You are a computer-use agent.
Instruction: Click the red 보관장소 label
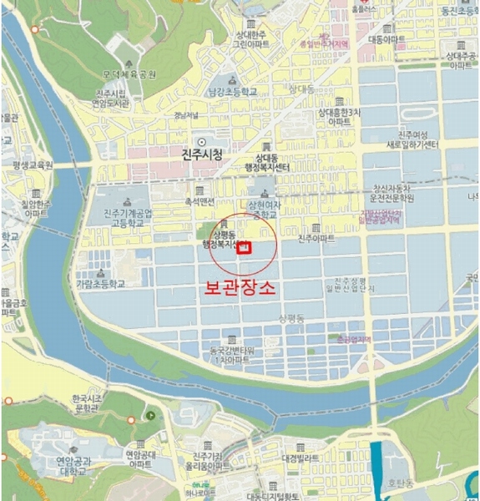click(241, 288)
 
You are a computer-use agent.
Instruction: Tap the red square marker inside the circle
click(244, 247)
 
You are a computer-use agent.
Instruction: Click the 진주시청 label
click(202, 154)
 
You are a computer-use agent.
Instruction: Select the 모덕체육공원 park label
click(129, 74)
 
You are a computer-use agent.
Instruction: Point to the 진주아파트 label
click(316, 238)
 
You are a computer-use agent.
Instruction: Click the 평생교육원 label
click(33, 164)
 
